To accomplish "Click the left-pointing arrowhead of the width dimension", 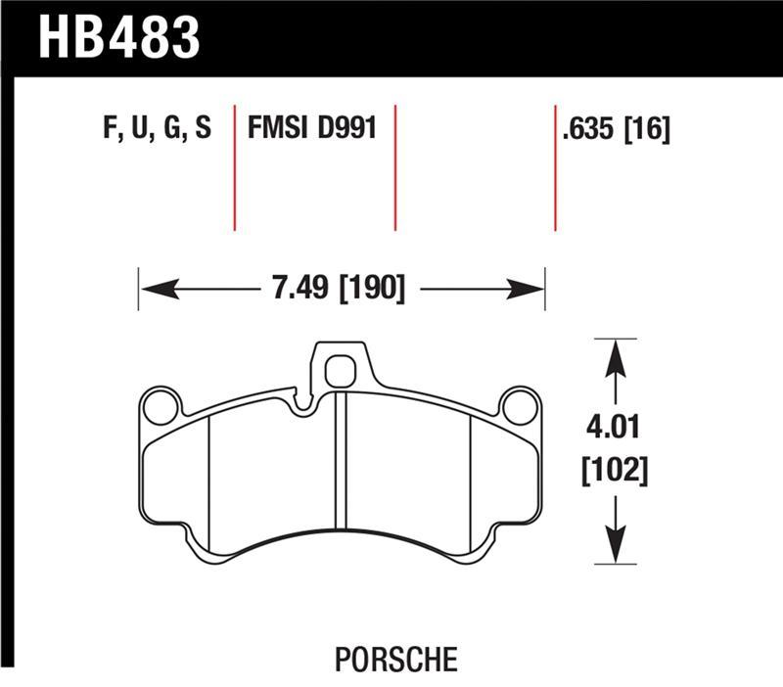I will [x=157, y=289].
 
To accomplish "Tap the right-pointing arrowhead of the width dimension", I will [x=527, y=289].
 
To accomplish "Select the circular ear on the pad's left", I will [x=161, y=406].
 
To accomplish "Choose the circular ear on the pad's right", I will [x=520, y=406].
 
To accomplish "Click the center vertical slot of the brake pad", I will [x=341, y=460].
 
